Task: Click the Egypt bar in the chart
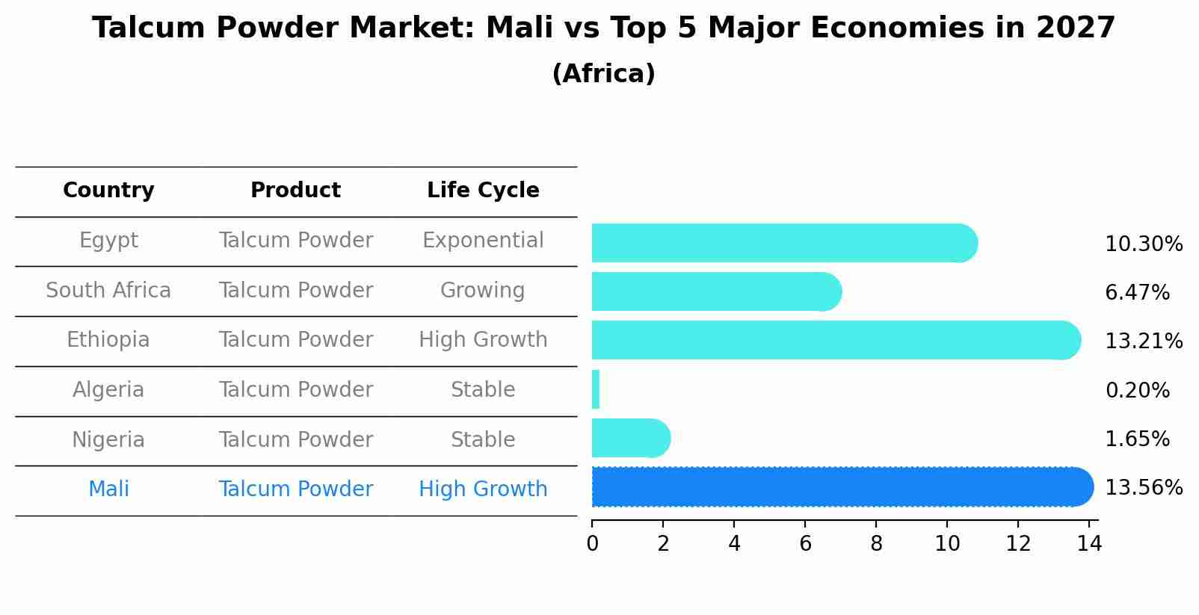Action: (783, 243)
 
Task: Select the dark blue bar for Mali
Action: (842, 487)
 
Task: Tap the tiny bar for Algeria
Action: (596, 389)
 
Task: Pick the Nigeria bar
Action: (630, 439)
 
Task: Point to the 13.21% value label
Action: (1143, 342)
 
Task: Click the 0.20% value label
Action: (1137, 391)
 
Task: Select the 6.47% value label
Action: (1137, 293)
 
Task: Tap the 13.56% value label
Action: (1143, 488)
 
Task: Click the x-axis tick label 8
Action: (876, 544)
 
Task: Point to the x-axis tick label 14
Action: (1089, 544)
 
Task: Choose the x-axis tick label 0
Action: (592, 544)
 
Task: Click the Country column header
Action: (108, 191)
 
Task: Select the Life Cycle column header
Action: (483, 191)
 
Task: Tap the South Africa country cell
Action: (108, 291)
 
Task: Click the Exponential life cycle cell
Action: (483, 241)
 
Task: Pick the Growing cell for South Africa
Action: (483, 291)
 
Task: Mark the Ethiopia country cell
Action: (108, 340)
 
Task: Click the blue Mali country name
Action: (108, 489)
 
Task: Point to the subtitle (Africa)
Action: (603, 74)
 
